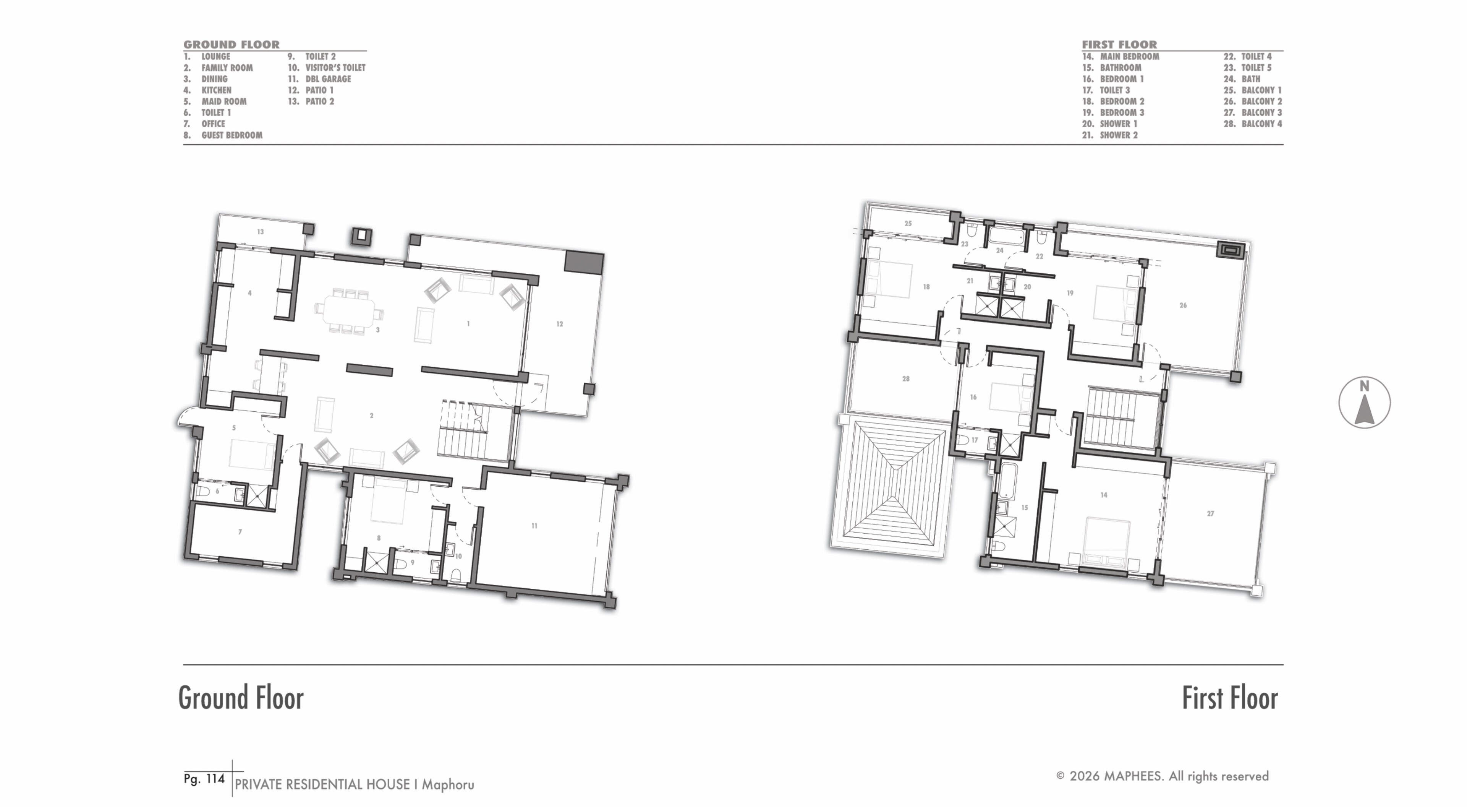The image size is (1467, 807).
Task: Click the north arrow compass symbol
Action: tap(1364, 403)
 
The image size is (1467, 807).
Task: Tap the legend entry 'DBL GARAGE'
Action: tap(328, 79)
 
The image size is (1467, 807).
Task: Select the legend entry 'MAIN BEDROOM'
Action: tap(1129, 57)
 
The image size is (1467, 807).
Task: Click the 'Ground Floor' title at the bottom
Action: tap(241, 698)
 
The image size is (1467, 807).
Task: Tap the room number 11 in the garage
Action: tap(534, 526)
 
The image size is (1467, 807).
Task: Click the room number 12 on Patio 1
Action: tap(559, 324)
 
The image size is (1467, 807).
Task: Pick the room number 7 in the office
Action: tap(240, 532)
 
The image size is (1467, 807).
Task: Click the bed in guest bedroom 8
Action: tap(389, 500)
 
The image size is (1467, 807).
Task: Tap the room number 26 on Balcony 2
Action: tap(1183, 305)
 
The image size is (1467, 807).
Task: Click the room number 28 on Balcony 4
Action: tap(905, 378)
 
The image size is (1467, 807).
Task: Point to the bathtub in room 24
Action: tap(1006, 235)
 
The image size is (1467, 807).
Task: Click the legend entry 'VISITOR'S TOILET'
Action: tap(335, 68)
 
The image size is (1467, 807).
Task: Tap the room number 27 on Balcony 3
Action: tap(1210, 513)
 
